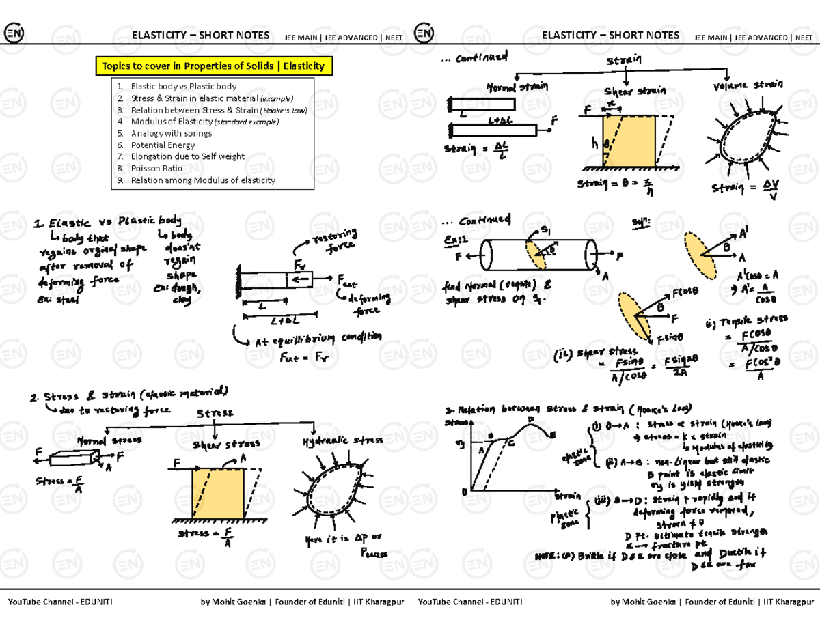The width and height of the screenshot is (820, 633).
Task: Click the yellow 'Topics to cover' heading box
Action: coord(213,66)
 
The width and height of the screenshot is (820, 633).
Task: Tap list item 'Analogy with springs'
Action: coord(171,133)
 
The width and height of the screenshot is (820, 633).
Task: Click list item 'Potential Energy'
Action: coord(163,145)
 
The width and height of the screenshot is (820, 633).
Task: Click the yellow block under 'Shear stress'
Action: coord(218,494)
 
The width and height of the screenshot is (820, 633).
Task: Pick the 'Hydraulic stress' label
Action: coord(342,440)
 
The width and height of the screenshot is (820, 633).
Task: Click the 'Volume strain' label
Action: coord(748,86)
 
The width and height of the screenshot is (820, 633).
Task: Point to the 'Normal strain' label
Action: coord(517,87)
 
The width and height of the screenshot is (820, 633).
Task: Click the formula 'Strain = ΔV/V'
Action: coord(744,191)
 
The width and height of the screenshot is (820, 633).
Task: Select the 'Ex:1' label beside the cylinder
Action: coord(456,240)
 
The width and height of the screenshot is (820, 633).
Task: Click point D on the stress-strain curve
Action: coord(530,419)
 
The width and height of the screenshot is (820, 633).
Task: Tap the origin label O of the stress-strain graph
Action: coord(464,492)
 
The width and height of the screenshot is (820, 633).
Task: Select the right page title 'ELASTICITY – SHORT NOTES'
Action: coord(610,36)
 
